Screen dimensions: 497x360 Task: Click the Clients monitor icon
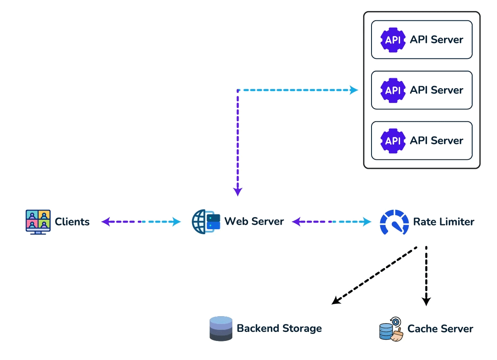coord(38,222)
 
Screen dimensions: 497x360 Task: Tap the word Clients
coord(72,222)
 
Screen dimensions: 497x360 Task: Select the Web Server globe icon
coord(206,222)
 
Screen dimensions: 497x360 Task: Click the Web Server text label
coord(254,221)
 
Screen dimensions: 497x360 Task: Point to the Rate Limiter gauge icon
coord(394,222)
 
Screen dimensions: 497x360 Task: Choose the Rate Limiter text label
coord(444,222)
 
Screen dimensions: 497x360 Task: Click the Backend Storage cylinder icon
coord(221,329)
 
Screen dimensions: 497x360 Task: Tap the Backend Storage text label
coord(279,329)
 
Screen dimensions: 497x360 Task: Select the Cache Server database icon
coord(391,329)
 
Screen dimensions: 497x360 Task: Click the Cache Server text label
coord(440,329)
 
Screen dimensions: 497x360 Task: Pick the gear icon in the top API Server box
coord(393,40)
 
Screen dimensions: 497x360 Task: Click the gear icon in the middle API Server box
coord(393,91)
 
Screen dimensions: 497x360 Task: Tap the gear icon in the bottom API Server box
coord(393,141)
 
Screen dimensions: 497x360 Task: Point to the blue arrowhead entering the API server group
coord(354,90)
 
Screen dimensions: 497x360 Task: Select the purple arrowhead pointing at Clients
coord(106,222)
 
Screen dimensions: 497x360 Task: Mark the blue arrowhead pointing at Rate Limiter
coord(367,222)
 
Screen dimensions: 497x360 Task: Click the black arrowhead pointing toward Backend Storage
coord(336,300)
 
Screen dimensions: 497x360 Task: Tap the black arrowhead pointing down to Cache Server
coord(427,302)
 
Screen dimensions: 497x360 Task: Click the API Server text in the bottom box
coord(437,141)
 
